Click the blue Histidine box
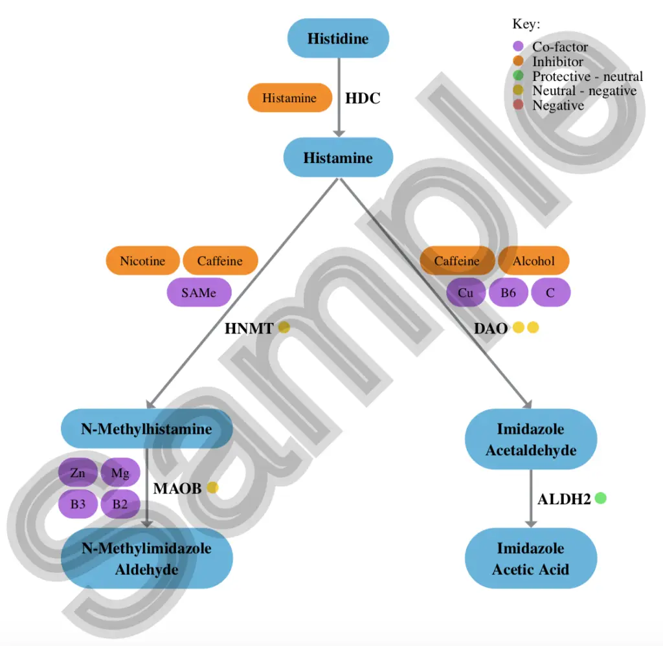point(338,38)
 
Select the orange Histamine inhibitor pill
point(289,98)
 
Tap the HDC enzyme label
point(363,98)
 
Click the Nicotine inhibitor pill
point(142,260)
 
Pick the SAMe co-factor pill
point(199,292)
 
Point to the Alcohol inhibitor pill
point(534,260)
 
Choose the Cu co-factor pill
point(466,292)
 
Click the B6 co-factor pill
point(508,292)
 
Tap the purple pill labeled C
point(550,292)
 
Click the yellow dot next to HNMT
point(284,328)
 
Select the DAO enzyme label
point(491,328)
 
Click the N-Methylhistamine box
point(147,429)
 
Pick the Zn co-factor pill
point(78,473)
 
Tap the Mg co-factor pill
point(120,473)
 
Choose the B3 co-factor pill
point(78,504)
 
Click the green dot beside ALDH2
point(600,498)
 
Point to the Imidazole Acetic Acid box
point(531,558)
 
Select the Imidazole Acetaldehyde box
point(531,439)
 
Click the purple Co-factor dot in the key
point(518,46)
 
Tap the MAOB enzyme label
point(177,488)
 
